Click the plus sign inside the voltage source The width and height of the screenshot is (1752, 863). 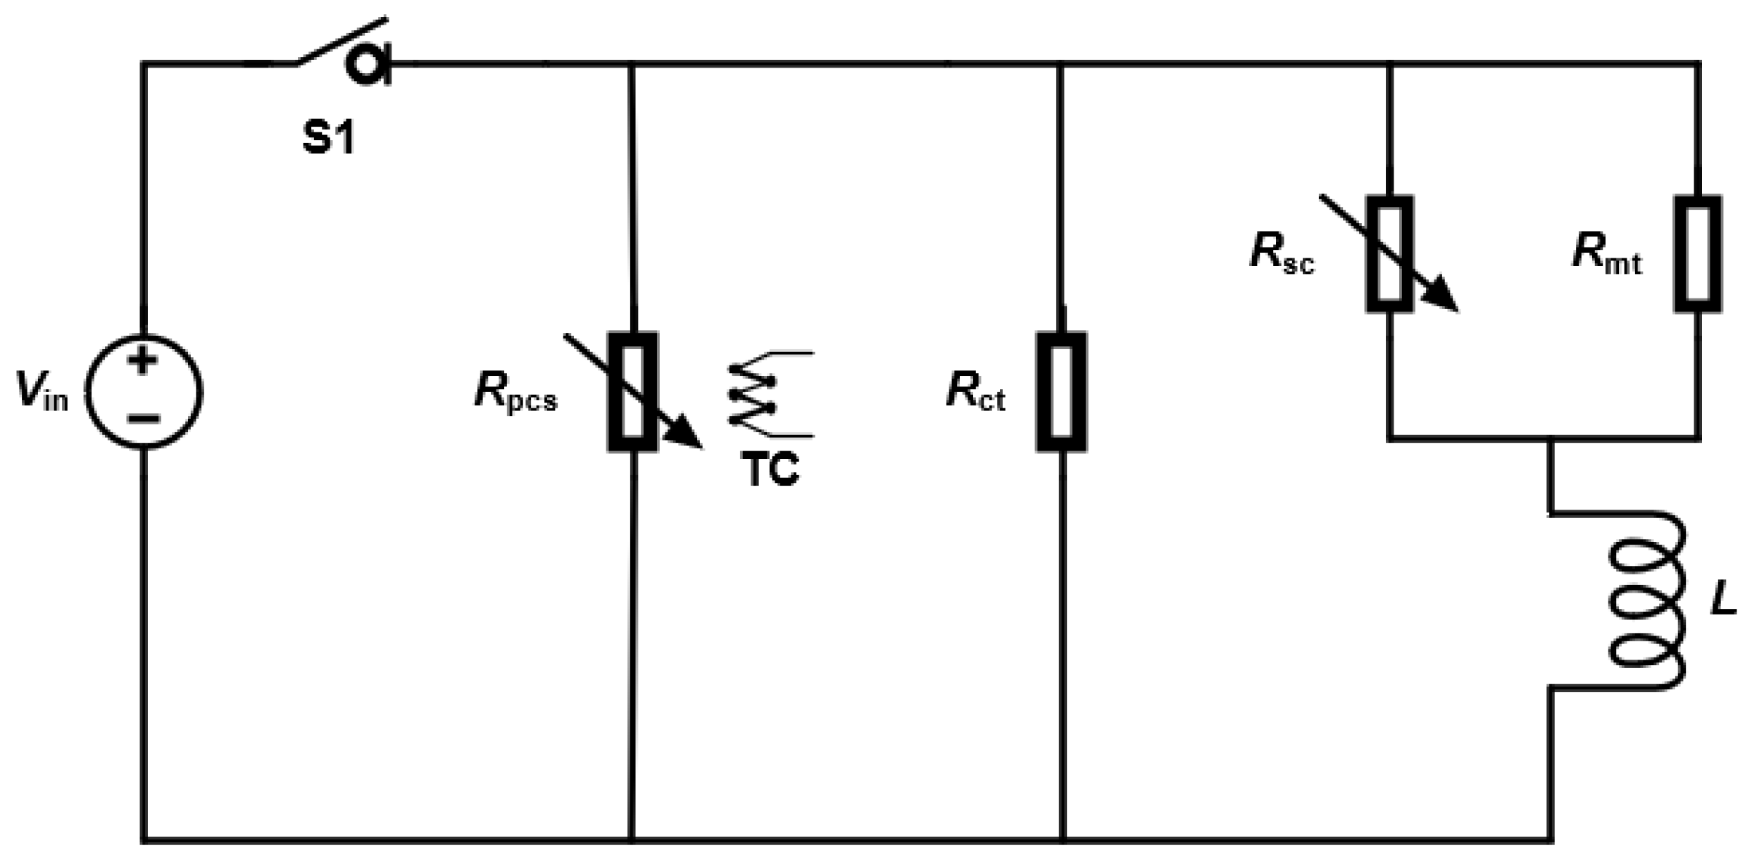[144, 361]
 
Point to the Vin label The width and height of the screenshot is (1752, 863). [42, 391]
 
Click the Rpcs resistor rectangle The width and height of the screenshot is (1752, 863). [632, 391]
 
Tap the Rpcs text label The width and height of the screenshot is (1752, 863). [515, 391]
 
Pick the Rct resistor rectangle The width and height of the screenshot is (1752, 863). [1061, 391]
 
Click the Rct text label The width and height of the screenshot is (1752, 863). [975, 391]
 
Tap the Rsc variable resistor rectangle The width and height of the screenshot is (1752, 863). [1389, 253]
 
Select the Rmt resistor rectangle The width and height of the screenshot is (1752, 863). [1698, 253]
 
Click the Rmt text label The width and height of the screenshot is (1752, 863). [1606, 253]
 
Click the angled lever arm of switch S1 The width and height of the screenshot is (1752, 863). [342, 41]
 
